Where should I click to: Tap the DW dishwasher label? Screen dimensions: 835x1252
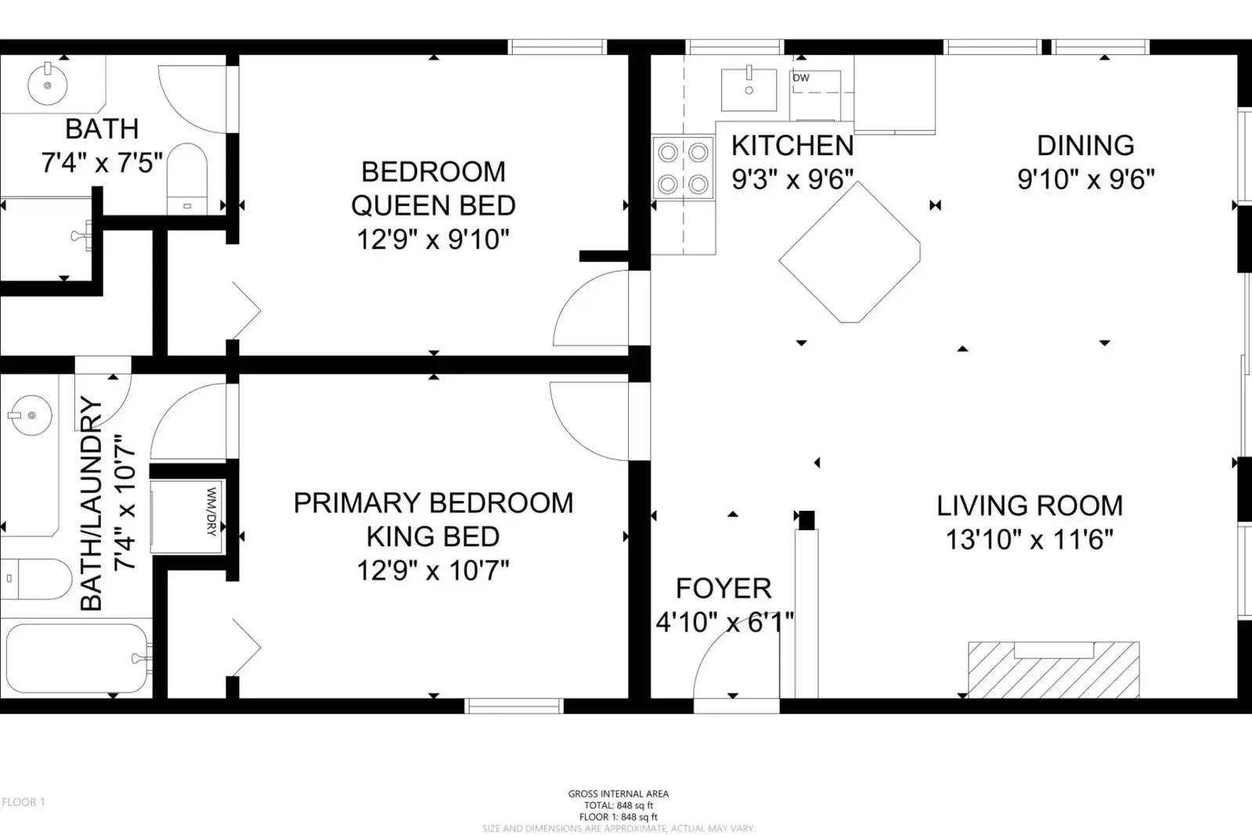pyautogui.click(x=801, y=78)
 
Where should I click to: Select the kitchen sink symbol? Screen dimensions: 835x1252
pyautogui.click(x=749, y=89)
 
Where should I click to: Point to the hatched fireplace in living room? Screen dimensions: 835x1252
pyautogui.click(x=1053, y=671)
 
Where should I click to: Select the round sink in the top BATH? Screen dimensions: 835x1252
pyautogui.click(x=48, y=85)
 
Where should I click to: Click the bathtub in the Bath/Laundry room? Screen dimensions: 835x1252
pyautogui.click(x=77, y=659)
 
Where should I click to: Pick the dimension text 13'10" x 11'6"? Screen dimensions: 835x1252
pyautogui.click(x=1029, y=540)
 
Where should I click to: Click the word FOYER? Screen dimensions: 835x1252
pyautogui.click(x=723, y=588)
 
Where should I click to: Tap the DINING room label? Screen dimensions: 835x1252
pyautogui.click(x=1085, y=146)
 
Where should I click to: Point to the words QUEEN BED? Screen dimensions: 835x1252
pyautogui.click(x=433, y=205)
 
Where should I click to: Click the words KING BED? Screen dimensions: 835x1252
pyautogui.click(x=433, y=537)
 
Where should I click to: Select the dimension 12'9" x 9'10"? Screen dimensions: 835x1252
pyautogui.click(x=433, y=239)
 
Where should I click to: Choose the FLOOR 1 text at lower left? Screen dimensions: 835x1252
pyautogui.click(x=23, y=801)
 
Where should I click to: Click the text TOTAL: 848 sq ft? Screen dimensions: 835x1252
pyautogui.click(x=619, y=805)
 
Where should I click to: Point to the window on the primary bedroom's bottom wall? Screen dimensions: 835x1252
pyautogui.click(x=514, y=706)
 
